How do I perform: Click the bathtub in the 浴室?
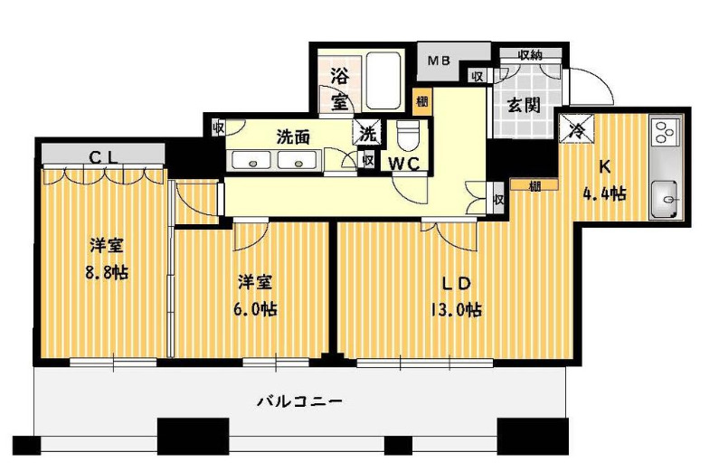tap(384, 80)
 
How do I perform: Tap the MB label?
tap(439, 61)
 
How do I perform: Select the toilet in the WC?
tap(407, 136)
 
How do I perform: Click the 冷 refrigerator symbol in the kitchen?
tap(576, 128)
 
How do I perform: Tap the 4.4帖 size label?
tap(604, 194)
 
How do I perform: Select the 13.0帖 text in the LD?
tap(455, 311)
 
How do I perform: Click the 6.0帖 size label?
tap(255, 310)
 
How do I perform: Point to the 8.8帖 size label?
tap(107, 273)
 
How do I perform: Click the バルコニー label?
tap(299, 401)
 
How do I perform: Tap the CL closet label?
tap(104, 157)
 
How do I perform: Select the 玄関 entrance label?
tap(524, 106)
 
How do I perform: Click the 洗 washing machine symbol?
tap(368, 134)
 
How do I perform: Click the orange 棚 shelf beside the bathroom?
tap(422, 101)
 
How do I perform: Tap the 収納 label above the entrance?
tap(530, 55)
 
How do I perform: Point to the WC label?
tap(405, 164)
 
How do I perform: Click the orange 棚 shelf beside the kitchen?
tap(535, 185)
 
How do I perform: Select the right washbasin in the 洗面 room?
tap(298, 161)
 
